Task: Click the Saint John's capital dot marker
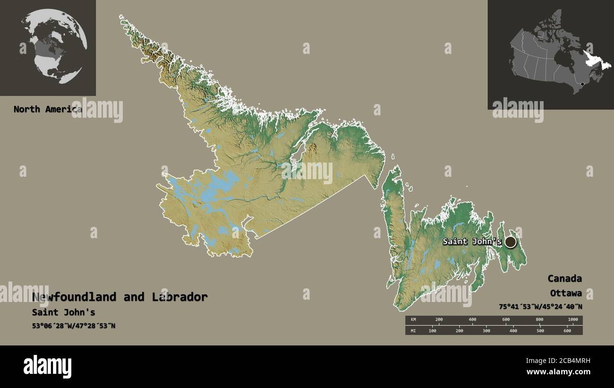[x=510, y=242]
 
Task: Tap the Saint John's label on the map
[x=471, y=241]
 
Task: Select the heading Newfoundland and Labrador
[x=120, y=297]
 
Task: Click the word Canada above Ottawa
[x=564, y=278]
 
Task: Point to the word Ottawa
[x=565, y=293]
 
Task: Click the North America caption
[x=47, y=109]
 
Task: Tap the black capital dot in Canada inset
[x=582, y=85]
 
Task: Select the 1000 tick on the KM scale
[x=572, y=320]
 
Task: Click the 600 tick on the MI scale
[x=567, y=330]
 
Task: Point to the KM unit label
[x=414, y=320]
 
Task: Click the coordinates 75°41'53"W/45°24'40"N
[x=540, y=307]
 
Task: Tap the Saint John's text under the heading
[x=63, y=312]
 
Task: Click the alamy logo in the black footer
[x=47, y=367]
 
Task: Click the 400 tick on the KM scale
[x=472, y=320]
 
